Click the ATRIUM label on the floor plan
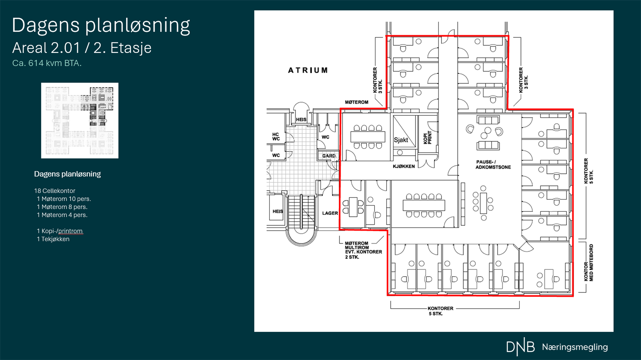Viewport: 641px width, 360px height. point(308,70)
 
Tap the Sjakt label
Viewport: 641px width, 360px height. point(401,140)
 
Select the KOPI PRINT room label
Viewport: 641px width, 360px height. point(427,138)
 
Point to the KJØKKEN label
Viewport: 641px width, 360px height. point(404,166)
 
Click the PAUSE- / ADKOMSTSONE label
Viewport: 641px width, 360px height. point(493,164)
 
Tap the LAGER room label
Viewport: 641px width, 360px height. point(330,213)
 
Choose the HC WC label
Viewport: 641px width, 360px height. point(276,137)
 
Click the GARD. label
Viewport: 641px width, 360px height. point(329,156)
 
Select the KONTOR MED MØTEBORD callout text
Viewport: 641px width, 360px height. point(589,262)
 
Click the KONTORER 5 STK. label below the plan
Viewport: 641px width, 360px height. point(440,311)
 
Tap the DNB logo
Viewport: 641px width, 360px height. point(520,348)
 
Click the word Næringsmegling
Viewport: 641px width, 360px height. point(574,347)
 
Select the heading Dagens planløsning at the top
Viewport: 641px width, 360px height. point(101,25)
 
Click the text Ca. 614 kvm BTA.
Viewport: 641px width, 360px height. point(46,63)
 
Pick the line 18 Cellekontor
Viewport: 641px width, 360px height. point(54,191)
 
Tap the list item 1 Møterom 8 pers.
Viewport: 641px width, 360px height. point(62,207)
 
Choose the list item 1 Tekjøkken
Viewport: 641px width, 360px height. point(53,239)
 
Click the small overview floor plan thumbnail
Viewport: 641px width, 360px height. point(80,120)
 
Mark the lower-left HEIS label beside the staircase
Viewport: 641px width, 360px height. point(278,211)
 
